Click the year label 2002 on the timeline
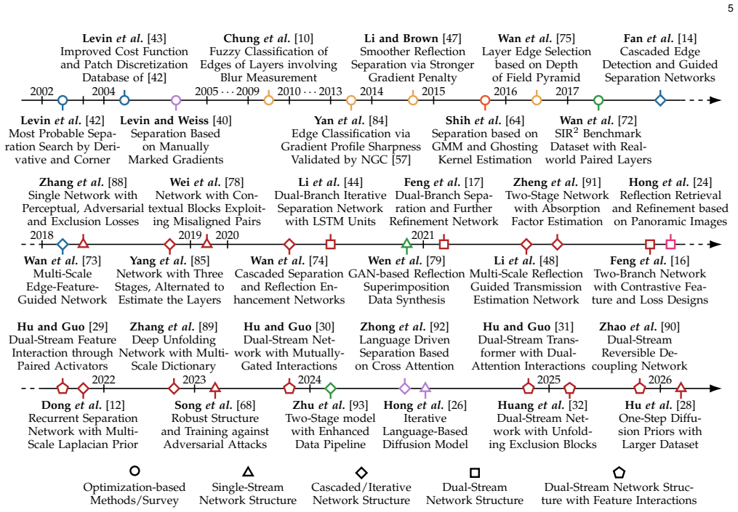(x=42, y=92)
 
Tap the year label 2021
(x=422, y=235)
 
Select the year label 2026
(x=660, y=379)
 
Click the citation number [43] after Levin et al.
(x=157, y=38)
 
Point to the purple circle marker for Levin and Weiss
(x=176, y=100)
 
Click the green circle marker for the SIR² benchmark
(x=598, y=100)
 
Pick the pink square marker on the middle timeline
(x=670, y=244)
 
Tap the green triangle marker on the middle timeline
(x=406, y=243)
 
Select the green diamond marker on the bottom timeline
(x=330, y=389)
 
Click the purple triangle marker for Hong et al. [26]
(x=425, y=388)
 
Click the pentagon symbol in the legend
(x=619, y=472)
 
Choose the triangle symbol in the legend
(x=248, y=472)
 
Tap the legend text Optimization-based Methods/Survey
(x=135, y=494)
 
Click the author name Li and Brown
(x=401, y=38)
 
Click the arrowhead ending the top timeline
(x=715, y=100)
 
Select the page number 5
(x=731, y=9)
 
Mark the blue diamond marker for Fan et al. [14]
(x=660, y=100)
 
